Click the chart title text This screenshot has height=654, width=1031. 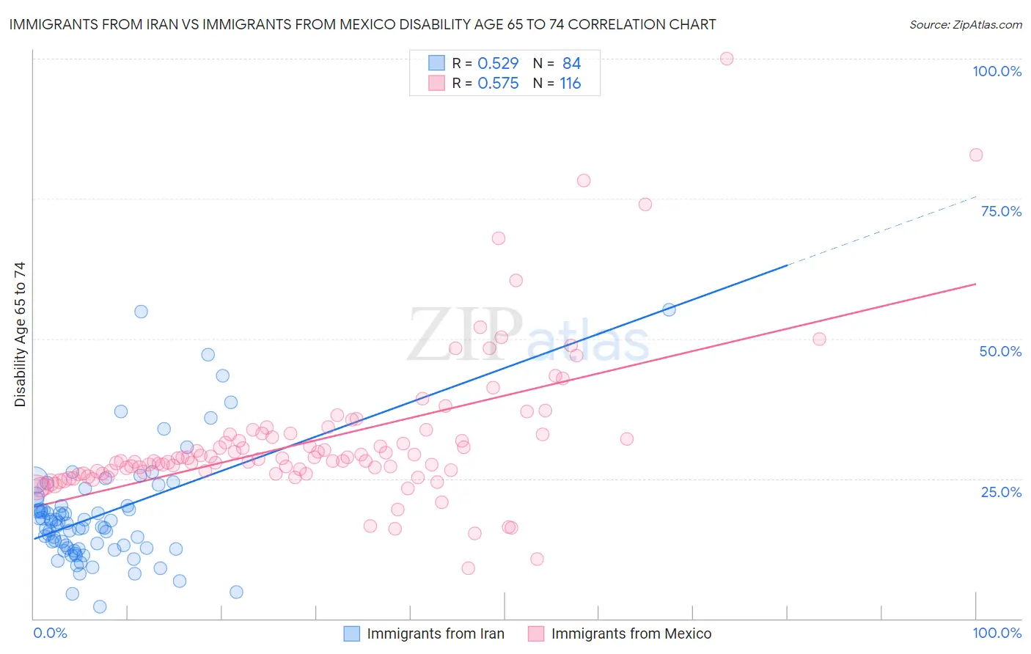(x=362, y=24)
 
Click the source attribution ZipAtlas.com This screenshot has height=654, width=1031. (x=965, y=24)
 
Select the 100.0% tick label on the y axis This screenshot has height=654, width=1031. (x=997, y=71)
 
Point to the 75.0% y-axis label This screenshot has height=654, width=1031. (x=1001, y=211)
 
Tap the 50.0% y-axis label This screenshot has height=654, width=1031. (x=1000, y=351)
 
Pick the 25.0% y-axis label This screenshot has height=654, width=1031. (x=1001, y=492)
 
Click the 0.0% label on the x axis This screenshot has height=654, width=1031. (x=50, y=633)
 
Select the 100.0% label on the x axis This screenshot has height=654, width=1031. (x=997, y=633)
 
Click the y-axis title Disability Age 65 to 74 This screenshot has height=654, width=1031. (x=20, y=334)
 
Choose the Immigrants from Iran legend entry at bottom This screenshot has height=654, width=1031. (x=435, y=634)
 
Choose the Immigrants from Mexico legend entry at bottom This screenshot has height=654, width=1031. (x=631, y=634)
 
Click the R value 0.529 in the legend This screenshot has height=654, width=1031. (x=498, y=64)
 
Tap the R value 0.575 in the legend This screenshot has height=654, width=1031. (x=498, y=84)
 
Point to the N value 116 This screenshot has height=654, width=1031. (x=570, y=84)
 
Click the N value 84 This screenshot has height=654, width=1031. (x=571, y=64)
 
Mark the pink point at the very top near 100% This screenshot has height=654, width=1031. (x=727, y=59)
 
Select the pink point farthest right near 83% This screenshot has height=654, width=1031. (x=976, y=155)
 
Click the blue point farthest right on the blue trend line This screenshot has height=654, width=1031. (x=669, y=309)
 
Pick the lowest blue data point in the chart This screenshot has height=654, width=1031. (x=100, y=606)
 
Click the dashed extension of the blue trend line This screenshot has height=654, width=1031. (x=880, y=230)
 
